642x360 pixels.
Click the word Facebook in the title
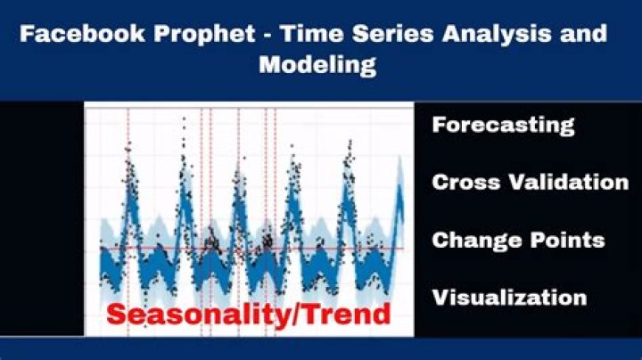pos(74,35)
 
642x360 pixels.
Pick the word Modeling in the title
pos(317,65)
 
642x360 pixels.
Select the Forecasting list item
pos(503,125)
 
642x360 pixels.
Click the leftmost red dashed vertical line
pos(128,178)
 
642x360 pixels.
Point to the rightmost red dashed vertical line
pos(275,178)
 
